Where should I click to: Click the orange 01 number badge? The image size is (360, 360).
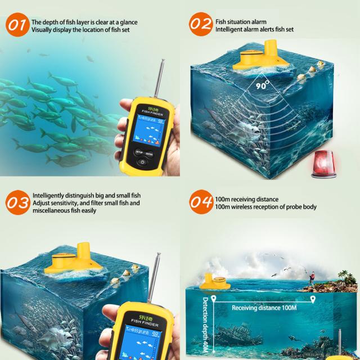[x=17, y=26]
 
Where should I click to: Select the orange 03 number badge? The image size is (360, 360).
[x=17, y=202]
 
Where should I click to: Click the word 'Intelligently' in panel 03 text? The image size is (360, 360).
[x=49, y=195]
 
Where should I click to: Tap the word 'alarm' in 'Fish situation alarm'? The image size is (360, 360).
[x=253, y=22]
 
